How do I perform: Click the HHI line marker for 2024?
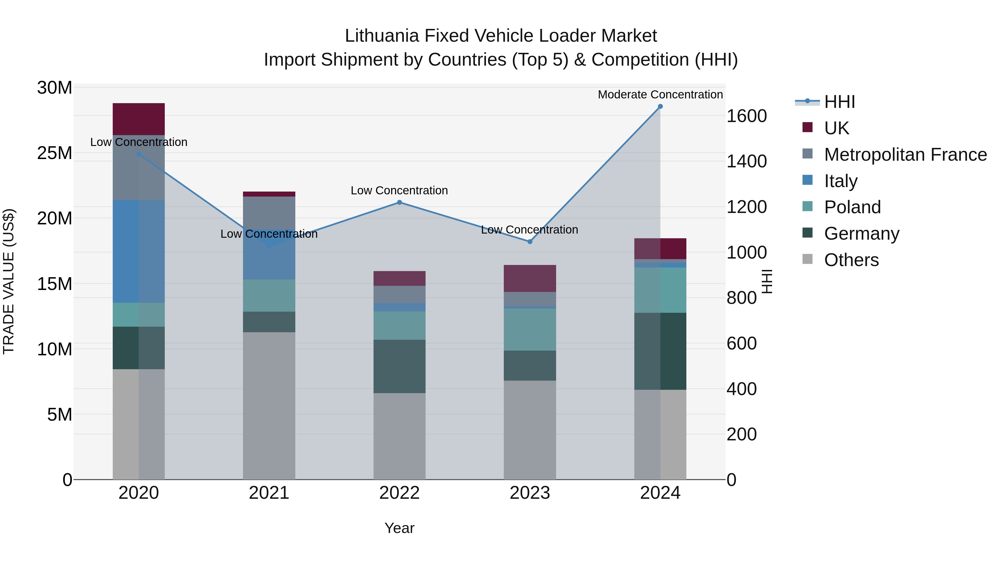click(660, 106)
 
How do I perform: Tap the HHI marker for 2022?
click(399, 202)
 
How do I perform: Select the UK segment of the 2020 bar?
click(139, 119)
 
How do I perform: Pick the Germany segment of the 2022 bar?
click(399, 366)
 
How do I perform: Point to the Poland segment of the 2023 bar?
click(530, 329)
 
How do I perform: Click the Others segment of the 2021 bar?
click(269, 406)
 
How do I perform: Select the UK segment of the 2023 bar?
click(530, 278)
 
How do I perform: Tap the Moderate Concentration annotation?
click(660, 95)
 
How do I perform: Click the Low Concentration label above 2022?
click(399, 190)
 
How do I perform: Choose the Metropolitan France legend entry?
click(905, 155)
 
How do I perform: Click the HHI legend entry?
click(839, 102)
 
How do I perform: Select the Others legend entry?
click(851, 260)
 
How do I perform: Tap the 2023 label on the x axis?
click(530, 493)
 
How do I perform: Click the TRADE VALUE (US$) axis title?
click(9, 281)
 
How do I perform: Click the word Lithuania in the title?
click(382, 36)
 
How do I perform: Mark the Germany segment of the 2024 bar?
click(660, 351)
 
